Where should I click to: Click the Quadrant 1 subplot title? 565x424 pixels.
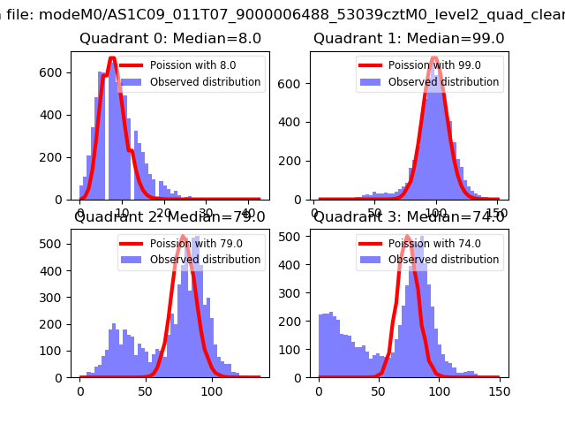point(409,39)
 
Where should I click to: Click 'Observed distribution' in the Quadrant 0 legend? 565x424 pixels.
point(205,82)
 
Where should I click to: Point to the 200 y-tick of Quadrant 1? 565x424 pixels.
point(297,155)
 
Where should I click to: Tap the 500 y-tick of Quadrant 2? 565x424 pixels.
point(58,243)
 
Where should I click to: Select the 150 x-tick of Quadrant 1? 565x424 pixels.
point(499,213)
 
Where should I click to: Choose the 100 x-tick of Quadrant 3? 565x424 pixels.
point(439,390)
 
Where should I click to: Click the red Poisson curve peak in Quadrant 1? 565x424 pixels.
point(433,58)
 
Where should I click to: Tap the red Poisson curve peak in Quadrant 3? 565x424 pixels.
point(407,237)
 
